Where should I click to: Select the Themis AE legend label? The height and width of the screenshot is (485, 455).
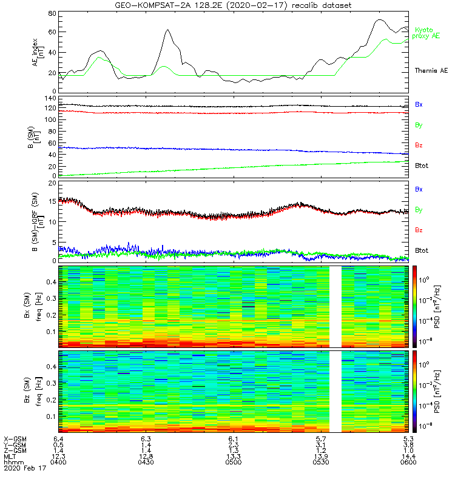coord(431,71)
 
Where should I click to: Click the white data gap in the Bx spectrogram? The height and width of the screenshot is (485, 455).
coord(335,306)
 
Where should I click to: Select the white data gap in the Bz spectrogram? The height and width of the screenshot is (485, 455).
coord(335,390)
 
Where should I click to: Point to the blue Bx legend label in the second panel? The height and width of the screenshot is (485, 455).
coord(419,104)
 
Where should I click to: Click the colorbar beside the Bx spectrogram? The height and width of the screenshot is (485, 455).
coord(416,306)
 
